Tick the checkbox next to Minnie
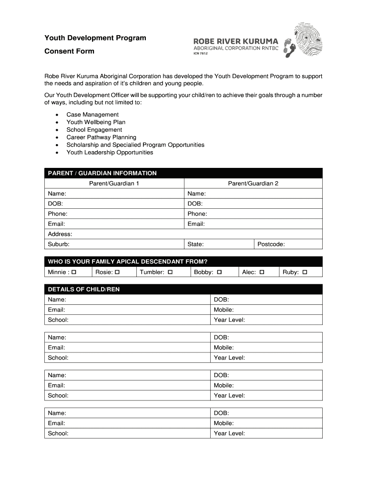[x=74, y=273]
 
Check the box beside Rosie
[x=117, y=273]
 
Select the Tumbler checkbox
[x=170, y=273]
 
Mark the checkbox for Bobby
[x=219, y=273]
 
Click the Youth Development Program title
[x=95, y=38]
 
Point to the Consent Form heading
[x=70, y=51]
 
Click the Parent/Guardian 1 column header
[x=114, y=184]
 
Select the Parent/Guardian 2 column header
[x=253, y=184]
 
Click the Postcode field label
[x=271, y=244]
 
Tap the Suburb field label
[x=59, y=244]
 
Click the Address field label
[x=60, y=234]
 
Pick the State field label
[x=195, y=244]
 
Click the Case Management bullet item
[x=92, y=115]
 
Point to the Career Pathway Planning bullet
[x=101, y=137]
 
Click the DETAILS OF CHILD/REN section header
[x=84, y=289]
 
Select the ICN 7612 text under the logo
[x=201, y=53]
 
